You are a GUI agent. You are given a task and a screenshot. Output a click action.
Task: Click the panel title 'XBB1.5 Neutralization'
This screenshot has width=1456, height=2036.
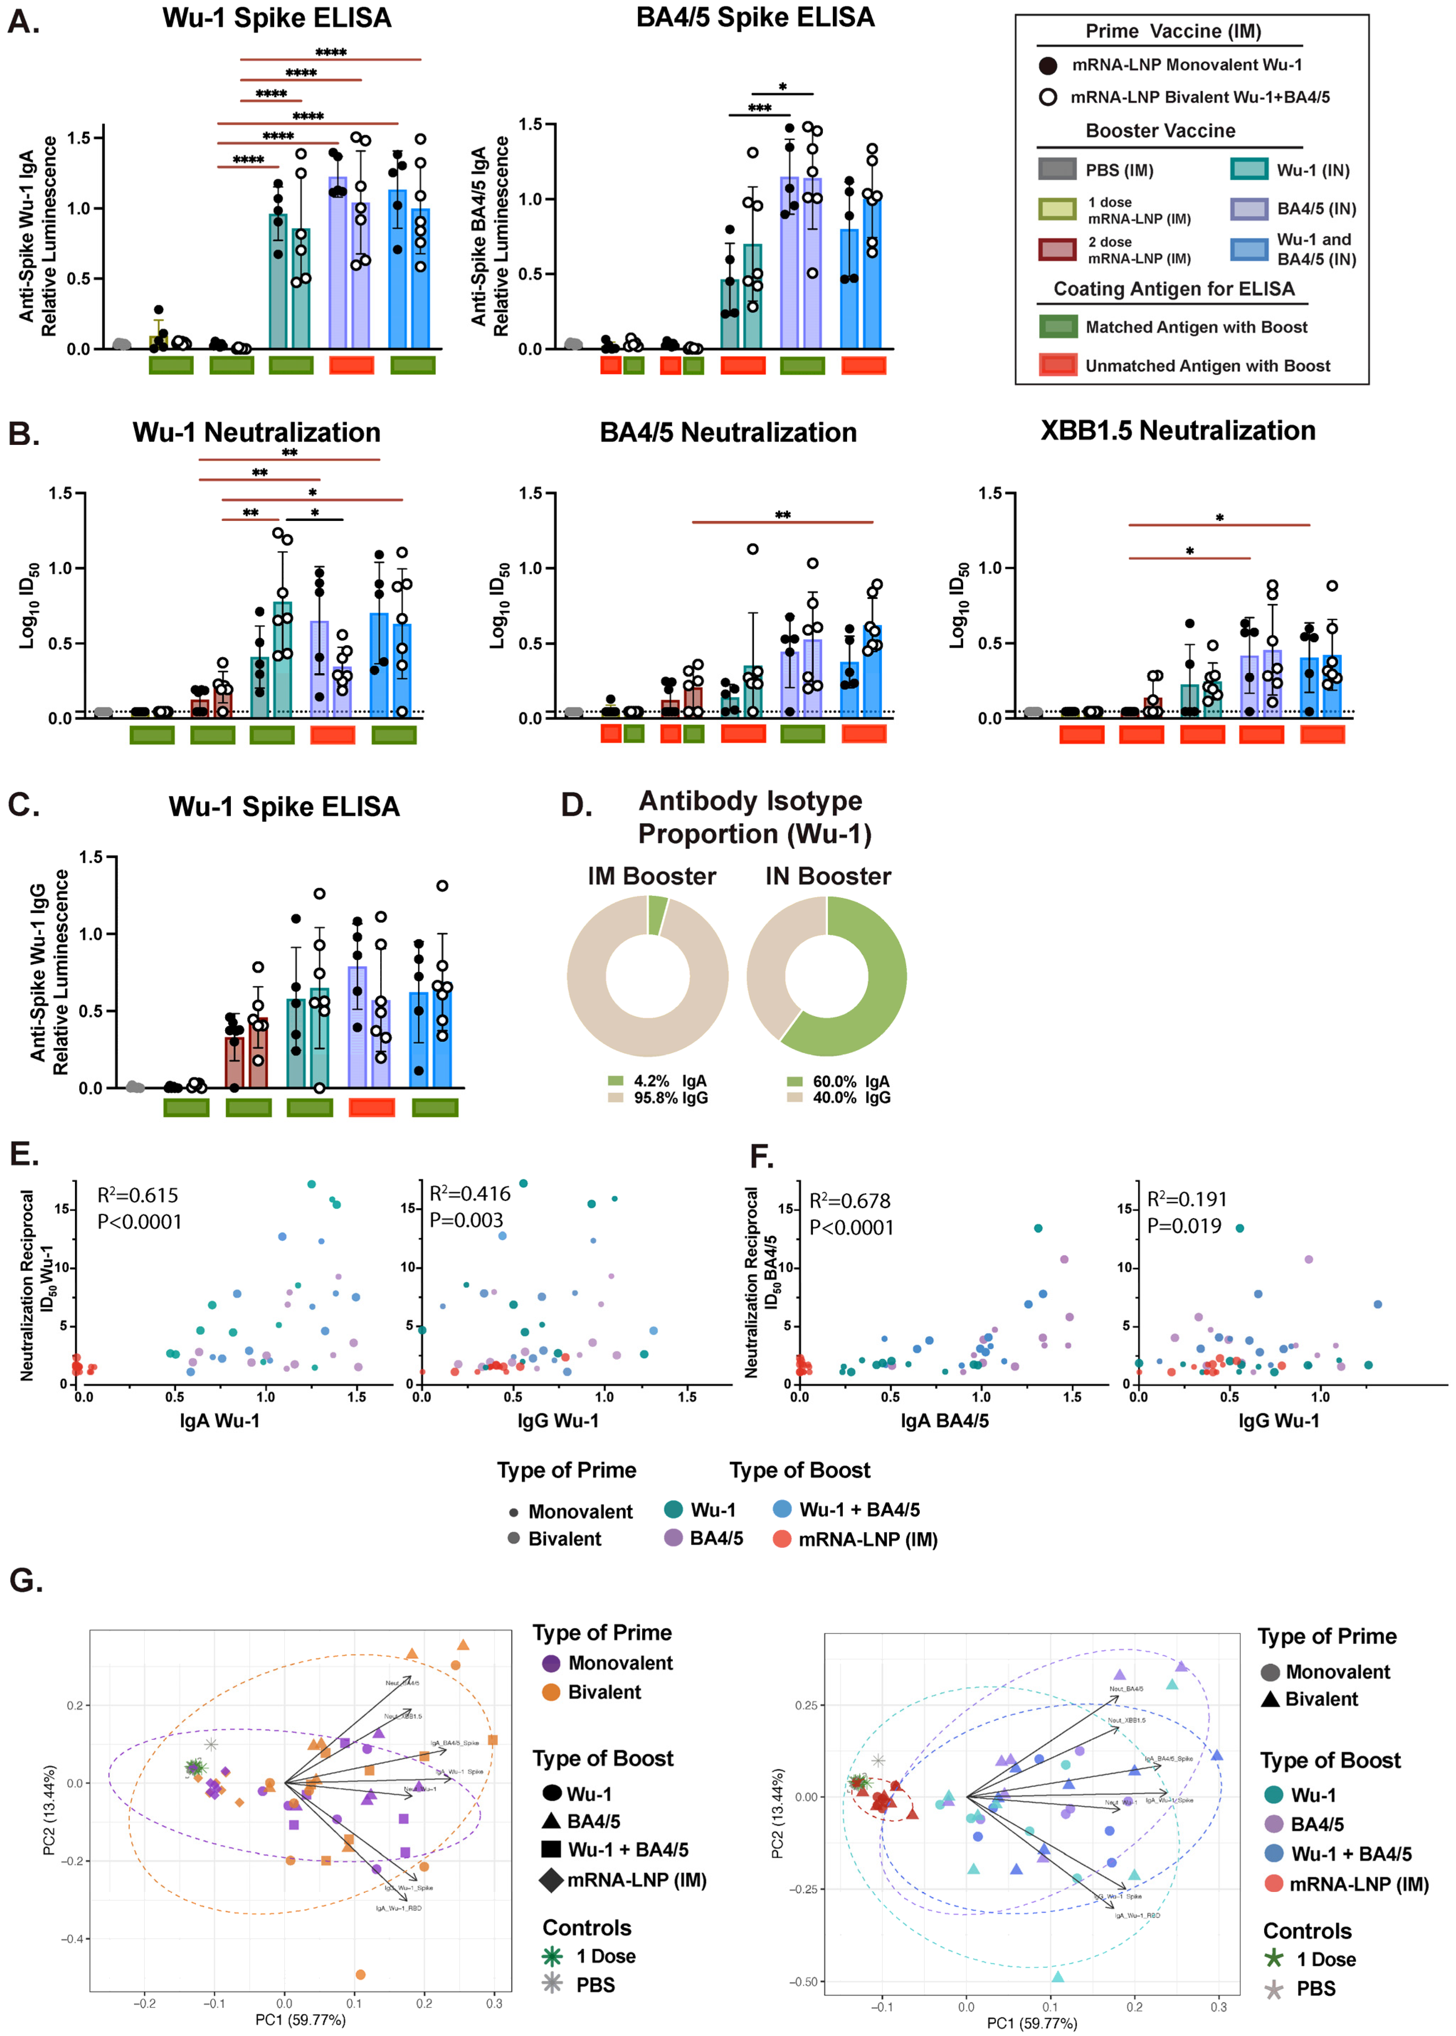(x=1177, y=431)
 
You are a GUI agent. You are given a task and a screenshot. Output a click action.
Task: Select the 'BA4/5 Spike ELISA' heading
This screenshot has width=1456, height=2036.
(x=755, y=18)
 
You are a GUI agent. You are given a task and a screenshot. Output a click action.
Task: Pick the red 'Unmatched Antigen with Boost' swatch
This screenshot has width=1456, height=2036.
(x=1058, y=365)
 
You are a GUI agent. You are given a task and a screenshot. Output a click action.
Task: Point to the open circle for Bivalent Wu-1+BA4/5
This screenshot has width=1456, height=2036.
(x=1047, y=97)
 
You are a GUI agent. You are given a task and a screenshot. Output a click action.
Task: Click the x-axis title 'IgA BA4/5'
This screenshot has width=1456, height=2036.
(x=944, y=1421)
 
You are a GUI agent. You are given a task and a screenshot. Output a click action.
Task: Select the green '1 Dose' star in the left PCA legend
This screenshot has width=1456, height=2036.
(x=552, y=1955)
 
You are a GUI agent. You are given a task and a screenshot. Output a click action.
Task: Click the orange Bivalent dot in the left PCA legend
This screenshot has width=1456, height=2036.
(x=551, y=1692)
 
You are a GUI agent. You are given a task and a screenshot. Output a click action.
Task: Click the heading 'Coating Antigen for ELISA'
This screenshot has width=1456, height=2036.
(x=1174, y=289)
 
